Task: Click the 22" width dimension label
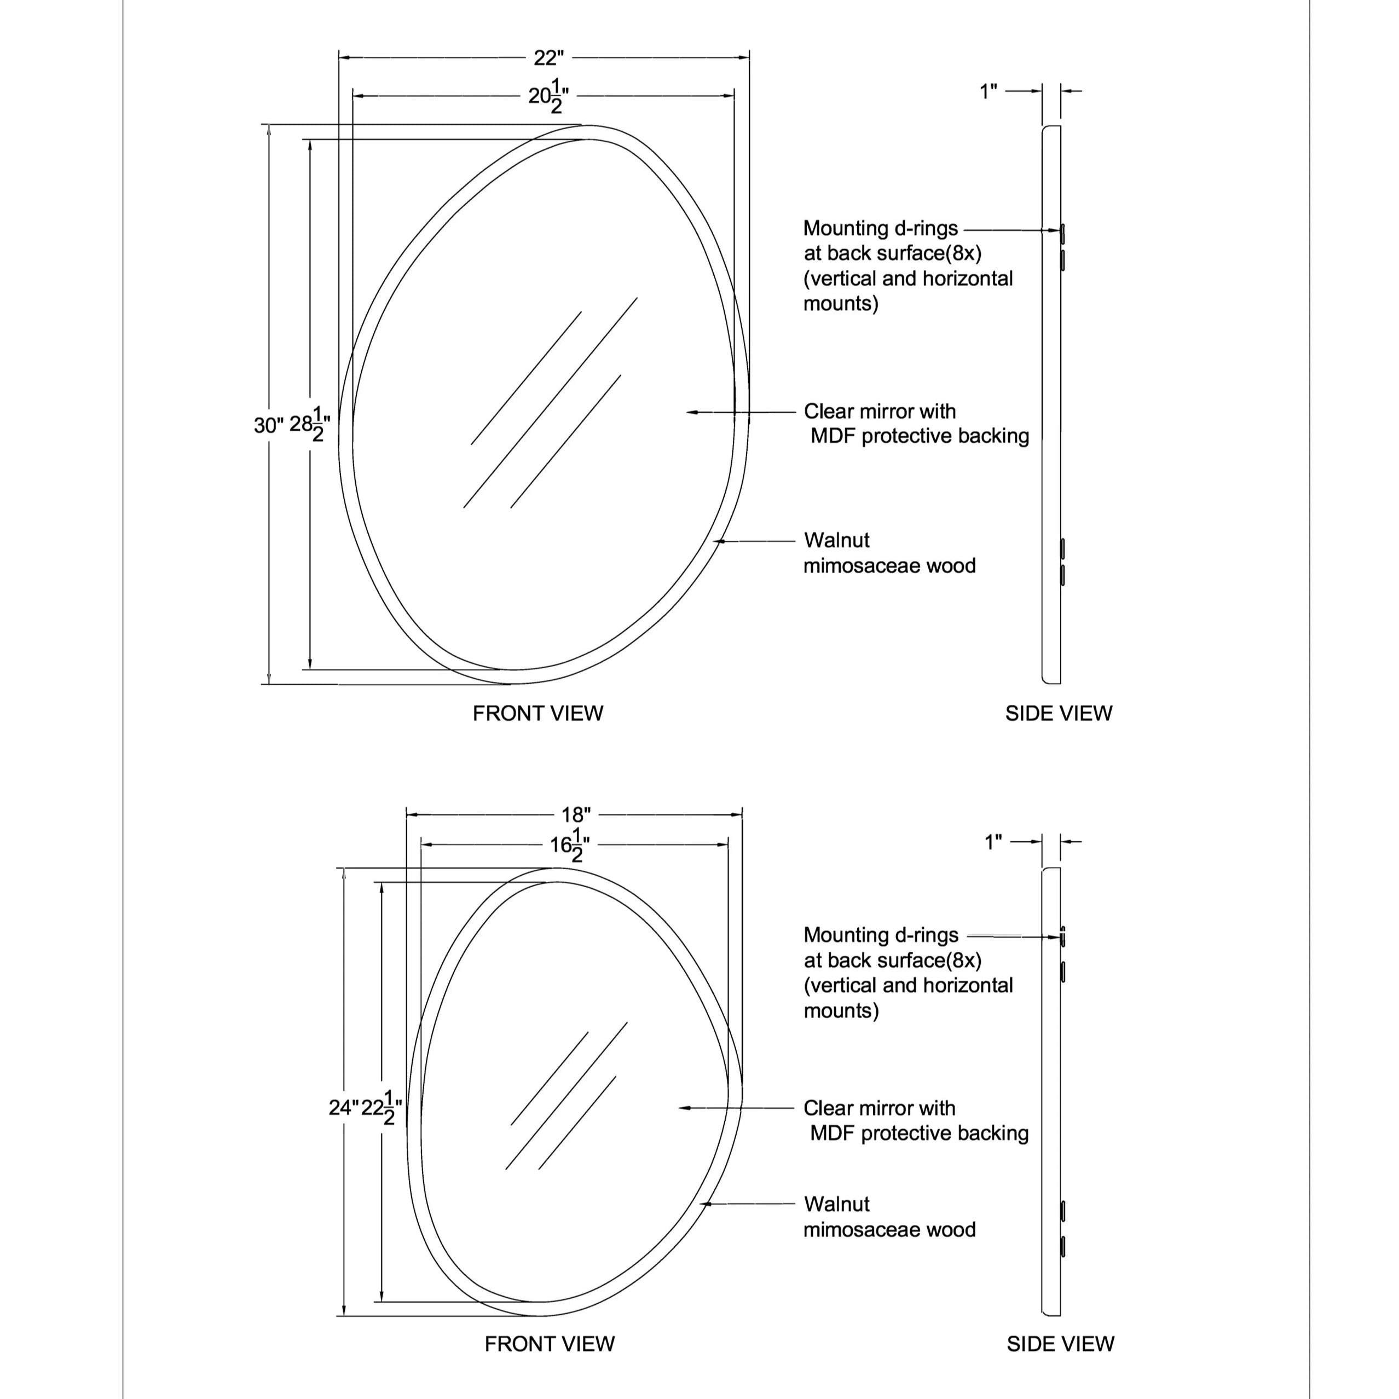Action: [x=548, y=57]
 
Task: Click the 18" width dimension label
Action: [x=576, y=814]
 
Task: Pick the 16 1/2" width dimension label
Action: [x=569, y=845]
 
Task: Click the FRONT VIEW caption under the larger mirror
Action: [x=537, y=713]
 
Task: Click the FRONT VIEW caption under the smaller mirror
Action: [x=549, y=1344]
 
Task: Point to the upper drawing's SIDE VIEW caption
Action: [x=1058, y=713]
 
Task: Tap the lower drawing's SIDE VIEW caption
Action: [x=1060, y=1344]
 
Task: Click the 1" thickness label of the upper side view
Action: [x=988, y=92]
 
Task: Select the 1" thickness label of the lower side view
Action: [x=993, y=842]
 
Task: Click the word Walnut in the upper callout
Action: [x=836, y=540]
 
